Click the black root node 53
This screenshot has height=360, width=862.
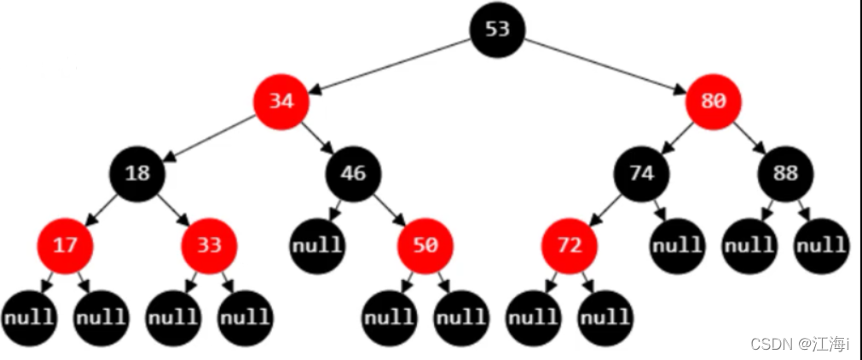click(498, 29)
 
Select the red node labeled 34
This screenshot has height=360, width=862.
click(281, 102)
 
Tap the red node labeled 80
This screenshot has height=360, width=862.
click(713, 102)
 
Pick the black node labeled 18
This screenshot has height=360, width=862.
click(137, 174)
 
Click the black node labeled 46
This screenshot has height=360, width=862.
click(353, 174)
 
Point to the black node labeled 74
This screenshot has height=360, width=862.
click(641, 174)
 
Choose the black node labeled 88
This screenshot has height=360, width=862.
click(785, 174)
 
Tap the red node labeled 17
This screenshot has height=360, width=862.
click(65, 246)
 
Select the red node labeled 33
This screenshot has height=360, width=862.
click(209, 246)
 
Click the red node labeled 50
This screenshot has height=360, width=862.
click(425, 246)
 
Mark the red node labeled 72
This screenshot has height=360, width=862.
click(569, 246)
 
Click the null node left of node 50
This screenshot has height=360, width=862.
click(317, 246)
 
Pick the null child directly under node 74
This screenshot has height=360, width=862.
click(677, 246)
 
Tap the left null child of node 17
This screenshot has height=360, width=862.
click(29, 318)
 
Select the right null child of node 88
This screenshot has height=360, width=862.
click(821, 246)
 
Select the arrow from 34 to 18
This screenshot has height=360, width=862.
click(210, 138)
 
